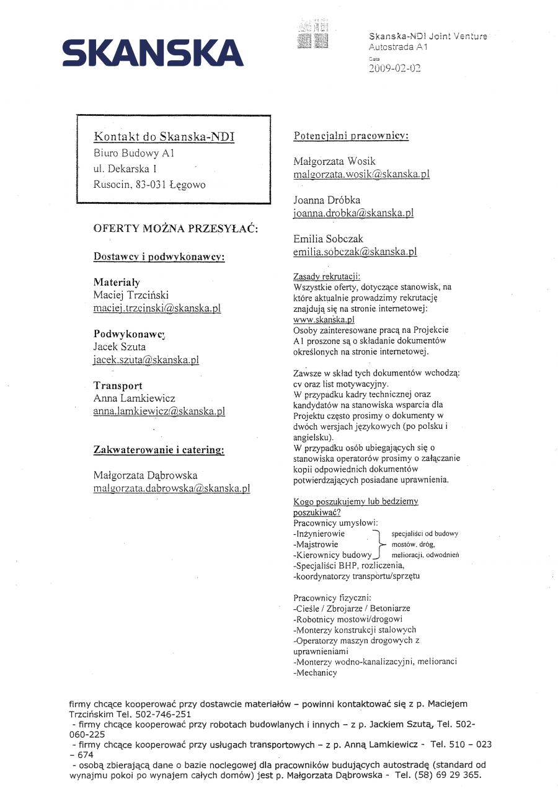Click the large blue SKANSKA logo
pyautogui.click(x=153, y=52)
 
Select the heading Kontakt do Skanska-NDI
pyautogui.click(x=164, y=136)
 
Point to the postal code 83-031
pyautogui.click(x=150, y=184)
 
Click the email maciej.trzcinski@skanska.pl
pyautogui.click(x=157, y=308)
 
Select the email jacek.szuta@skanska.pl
pyautogui.click(x=146, y=359)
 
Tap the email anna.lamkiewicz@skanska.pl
pyautogui.click(x=159, y=411)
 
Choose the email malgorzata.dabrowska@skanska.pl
pyautogui.click(x=171, y=488)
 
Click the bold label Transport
pyautogui.click(x=118, y=386)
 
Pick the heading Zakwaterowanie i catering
pyautogui.click(x=159, y=450)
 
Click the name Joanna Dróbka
pyautogui.click(x=327, y=200)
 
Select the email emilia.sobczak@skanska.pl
pyautogui.click(x=355, y=252)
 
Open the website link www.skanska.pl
pyautogui.click(x=324, y=319)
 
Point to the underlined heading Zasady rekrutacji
pyautogui.click(x=326, y=276)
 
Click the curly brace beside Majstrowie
pyautogui.click(x=379, y=544)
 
